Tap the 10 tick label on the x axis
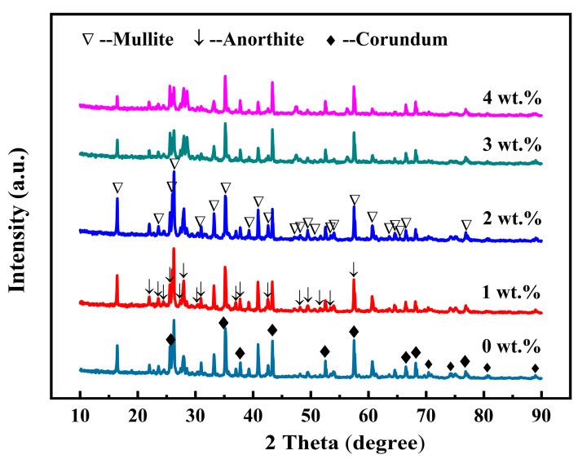tap(80, 413)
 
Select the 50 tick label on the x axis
tap(311, 413)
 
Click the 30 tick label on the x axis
tap(196, 413)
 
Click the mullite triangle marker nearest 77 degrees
tap(466, 225)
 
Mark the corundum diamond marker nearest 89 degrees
tap(535, 369)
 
